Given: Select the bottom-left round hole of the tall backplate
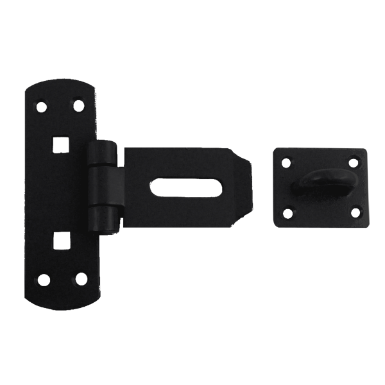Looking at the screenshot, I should pyautogui.click(x=44, y=279).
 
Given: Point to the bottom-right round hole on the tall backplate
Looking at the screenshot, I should pyautogui.click(x=80, y=279).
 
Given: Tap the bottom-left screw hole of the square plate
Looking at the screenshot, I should pyautogui.click(x=287, y=214).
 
